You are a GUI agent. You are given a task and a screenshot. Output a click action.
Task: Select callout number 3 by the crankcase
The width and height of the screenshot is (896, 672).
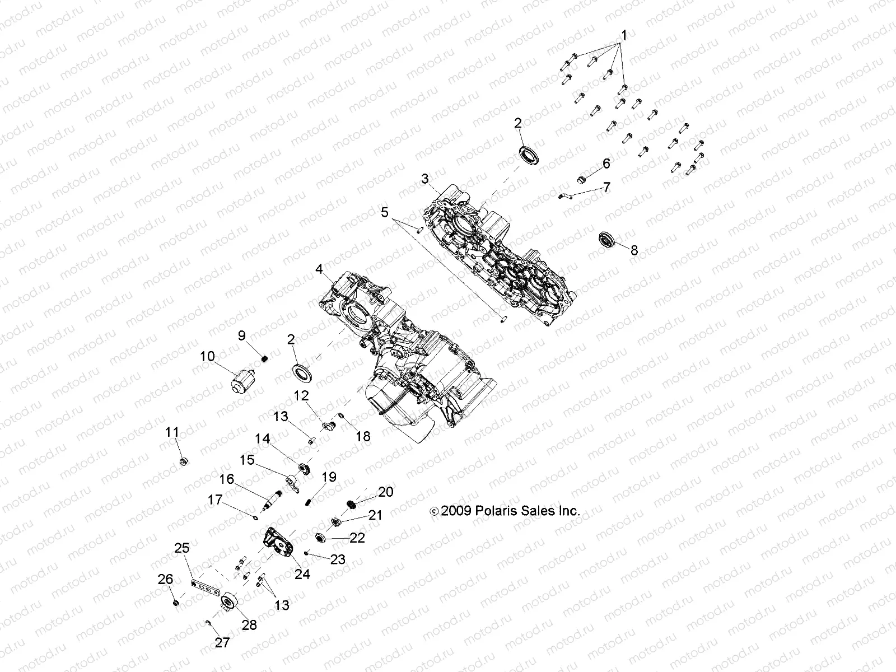[425, 179]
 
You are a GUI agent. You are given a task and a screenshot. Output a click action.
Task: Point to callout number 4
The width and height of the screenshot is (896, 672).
[319, 270]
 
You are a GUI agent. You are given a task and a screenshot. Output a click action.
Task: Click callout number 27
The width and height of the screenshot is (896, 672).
[222, 642]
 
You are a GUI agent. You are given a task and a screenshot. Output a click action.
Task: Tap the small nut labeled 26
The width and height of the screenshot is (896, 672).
[175, 603]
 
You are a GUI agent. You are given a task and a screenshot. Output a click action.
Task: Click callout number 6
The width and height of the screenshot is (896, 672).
[606, 164]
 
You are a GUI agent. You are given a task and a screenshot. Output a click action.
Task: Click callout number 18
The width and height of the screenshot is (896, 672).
[363, 436]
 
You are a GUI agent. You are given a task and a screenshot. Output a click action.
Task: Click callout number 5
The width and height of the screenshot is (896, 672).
[384, 212]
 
